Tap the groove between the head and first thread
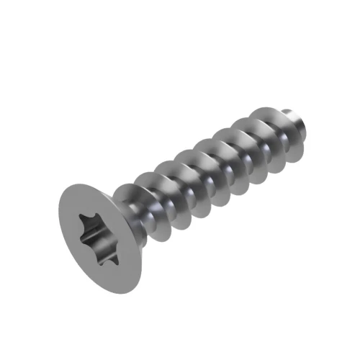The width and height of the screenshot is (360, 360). pos(137,216)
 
